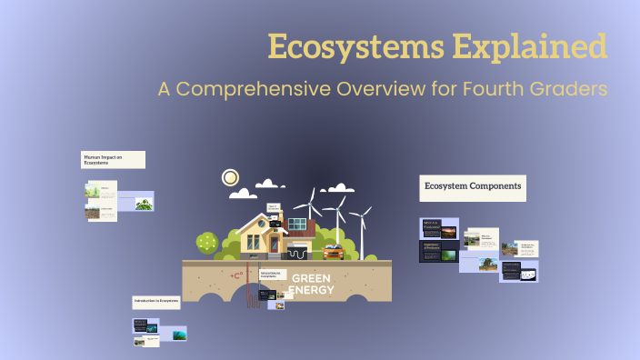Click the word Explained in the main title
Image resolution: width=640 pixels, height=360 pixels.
click(x=539, y=46)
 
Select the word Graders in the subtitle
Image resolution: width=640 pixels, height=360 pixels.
click(x=567, y=90)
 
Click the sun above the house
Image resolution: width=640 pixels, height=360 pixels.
click(x=231, y=178)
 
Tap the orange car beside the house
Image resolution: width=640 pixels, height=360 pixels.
click(x=334, y=251)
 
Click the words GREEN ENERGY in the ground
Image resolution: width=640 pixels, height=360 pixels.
click(x=312, y=285)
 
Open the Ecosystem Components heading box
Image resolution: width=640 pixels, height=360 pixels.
click(x=472, y=187)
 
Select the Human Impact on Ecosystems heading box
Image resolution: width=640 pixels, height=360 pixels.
click(x=113, y=160)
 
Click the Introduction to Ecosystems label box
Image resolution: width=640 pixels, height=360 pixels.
click(x=156, y=300)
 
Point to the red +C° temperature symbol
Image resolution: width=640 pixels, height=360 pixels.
click(x=238, y=275)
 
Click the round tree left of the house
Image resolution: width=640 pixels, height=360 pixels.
click(x=208, y=243)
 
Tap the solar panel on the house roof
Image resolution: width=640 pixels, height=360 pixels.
click(x=296, y=224)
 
